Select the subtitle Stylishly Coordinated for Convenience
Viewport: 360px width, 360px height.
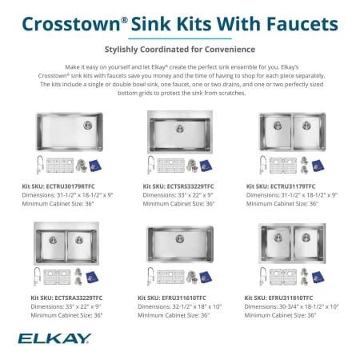pyautogui.click(x=180, y=48)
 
